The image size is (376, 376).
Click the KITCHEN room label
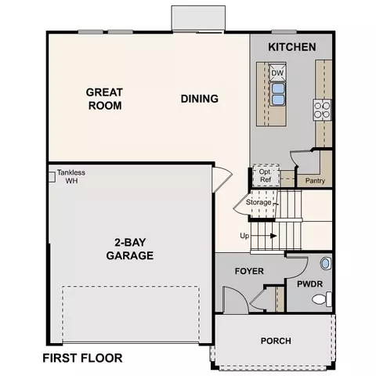click(x=292, y=47)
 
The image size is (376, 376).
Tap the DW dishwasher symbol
click(x=277, y=72)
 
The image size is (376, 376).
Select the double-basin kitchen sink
click(x=277, y=94)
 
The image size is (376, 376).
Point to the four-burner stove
click(x=323, y=110)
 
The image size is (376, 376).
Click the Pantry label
click(x=315, y=181)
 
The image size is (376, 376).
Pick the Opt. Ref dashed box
click(x=266, y=175)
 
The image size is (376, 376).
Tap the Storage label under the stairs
click(x=258, y=202)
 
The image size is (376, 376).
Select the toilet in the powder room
click(x=322, y=299)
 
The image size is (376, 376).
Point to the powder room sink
click(x=326, y=263)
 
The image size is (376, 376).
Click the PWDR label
click(x=309, y=284)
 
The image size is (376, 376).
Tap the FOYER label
click(x=249, y=271)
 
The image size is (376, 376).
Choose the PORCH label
click(x=276, y=341)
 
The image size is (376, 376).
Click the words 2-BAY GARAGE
click(x=130, y=249)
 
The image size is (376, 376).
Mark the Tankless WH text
click(x=71, y=176)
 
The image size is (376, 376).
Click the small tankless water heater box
click(x=52, y=177)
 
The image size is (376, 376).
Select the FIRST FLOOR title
click(x=82, y=358)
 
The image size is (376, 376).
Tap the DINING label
click(x=200, y=99)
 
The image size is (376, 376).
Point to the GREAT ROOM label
click(x=104, y=99)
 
